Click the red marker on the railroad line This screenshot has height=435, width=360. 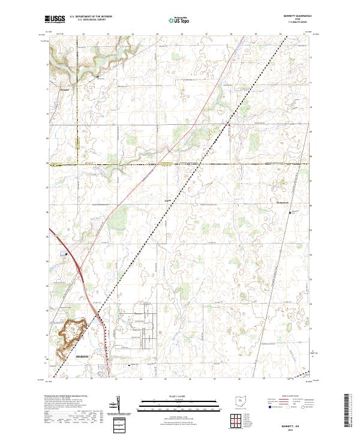point(228,124)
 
